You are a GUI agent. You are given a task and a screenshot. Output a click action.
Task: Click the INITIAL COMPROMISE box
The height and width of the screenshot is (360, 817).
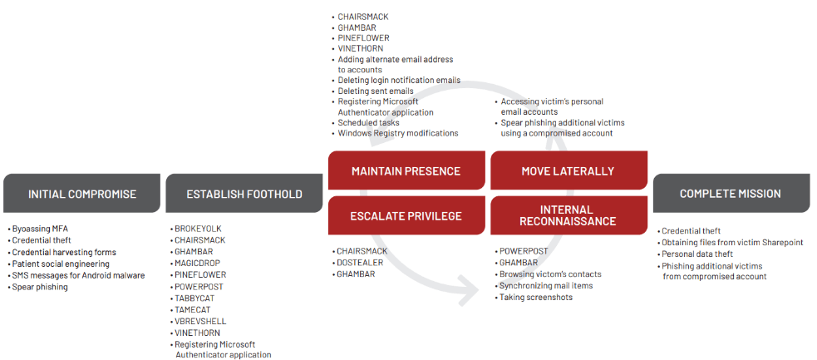tap(82, 194)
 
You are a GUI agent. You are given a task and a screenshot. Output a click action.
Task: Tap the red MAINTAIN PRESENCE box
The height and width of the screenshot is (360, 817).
tap(406, 171)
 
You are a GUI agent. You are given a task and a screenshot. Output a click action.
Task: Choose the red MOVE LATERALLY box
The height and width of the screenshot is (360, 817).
tap(568, 171)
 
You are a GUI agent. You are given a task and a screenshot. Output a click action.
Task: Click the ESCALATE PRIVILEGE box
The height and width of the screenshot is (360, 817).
tap(406, 216)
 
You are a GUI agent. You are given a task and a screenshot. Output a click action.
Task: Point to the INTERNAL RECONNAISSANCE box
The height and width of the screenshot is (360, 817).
tap(568, 216)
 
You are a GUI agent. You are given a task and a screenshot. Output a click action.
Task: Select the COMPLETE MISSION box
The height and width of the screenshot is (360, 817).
tap(730, 194)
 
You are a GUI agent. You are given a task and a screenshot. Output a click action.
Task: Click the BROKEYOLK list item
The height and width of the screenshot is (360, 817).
tap(199, 229)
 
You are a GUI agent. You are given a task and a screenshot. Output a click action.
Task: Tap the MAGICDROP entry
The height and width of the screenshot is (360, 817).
tap(200, 264)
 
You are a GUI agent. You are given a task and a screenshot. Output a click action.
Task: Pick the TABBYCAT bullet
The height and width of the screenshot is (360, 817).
tap(199, 298)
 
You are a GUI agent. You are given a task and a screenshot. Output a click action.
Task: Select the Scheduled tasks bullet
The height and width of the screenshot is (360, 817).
tap(368, 123)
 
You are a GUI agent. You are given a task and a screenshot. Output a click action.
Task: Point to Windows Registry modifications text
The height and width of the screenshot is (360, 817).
tap(397, 134)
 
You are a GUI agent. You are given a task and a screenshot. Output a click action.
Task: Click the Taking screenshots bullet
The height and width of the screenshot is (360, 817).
tap(535, 298)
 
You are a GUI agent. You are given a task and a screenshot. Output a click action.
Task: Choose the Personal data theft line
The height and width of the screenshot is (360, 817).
tap(699, 254)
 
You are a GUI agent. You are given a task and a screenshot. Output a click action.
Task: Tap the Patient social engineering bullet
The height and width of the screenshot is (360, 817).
tap(61, 264)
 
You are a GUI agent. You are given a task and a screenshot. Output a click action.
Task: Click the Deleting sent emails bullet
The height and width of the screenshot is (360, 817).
tap(375, 91)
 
